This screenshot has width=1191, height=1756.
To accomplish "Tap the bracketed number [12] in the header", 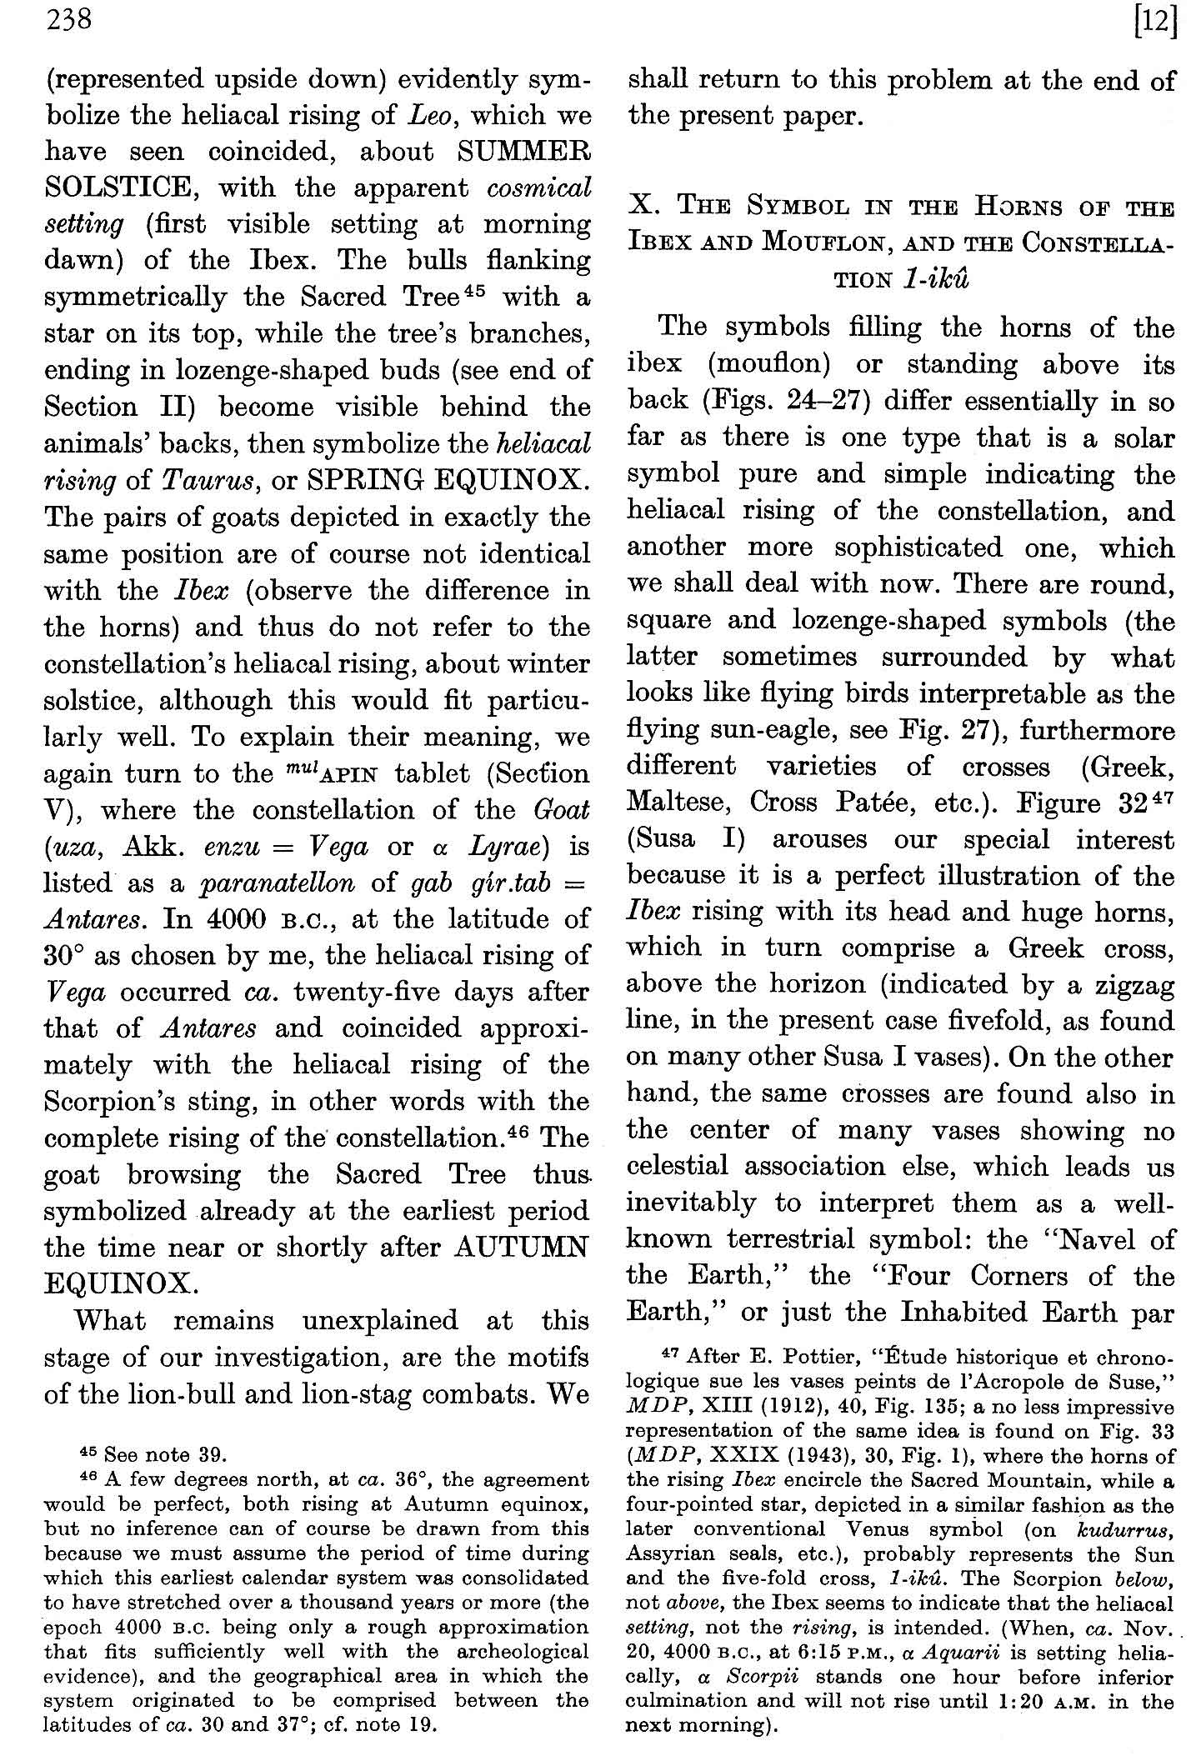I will [1154, 20].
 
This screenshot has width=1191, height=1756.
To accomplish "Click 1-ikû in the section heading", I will [936, 279].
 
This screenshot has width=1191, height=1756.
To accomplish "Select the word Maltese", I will [678, 802].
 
